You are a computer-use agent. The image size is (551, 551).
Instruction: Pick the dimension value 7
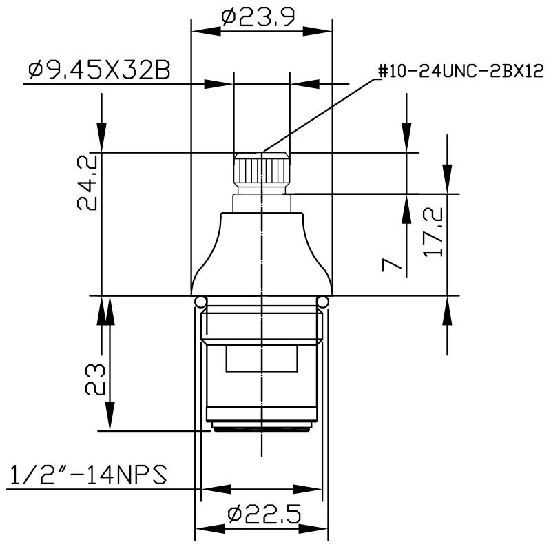coord(391,264)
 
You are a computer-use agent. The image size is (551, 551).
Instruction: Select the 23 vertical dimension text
coord(95,378)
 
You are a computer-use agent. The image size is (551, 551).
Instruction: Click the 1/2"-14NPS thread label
coord(87,475)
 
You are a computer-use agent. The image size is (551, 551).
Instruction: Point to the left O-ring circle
coord(200,302)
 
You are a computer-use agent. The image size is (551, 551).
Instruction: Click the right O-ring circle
coord(322,302)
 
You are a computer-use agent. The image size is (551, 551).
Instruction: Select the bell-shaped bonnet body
coord(262,251)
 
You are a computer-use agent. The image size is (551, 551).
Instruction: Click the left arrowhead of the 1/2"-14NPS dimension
coord(214,489)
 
